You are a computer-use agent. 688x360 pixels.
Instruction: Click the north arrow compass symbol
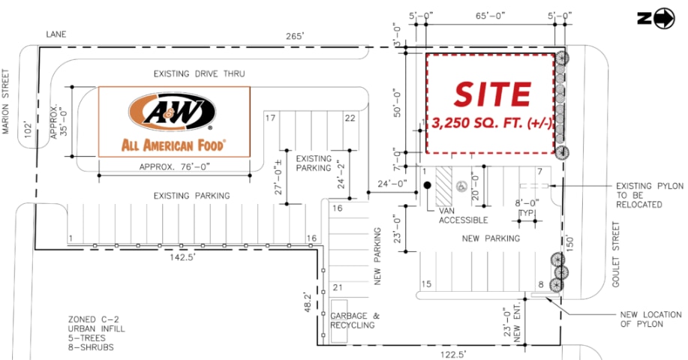(664, 19)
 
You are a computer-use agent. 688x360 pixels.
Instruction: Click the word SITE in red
(491, 93)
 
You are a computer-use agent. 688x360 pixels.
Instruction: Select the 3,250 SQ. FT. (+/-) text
(492, 124)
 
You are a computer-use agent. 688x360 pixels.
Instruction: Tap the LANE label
(56, 34)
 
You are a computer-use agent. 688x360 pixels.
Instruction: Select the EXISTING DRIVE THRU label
(199, 73)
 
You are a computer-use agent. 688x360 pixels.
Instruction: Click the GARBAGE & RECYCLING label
(352, 320)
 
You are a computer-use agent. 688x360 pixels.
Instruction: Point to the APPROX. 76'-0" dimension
(173, 168)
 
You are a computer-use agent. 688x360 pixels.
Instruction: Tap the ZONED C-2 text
(93, 319)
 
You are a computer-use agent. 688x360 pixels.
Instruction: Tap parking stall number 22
(350, 118)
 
